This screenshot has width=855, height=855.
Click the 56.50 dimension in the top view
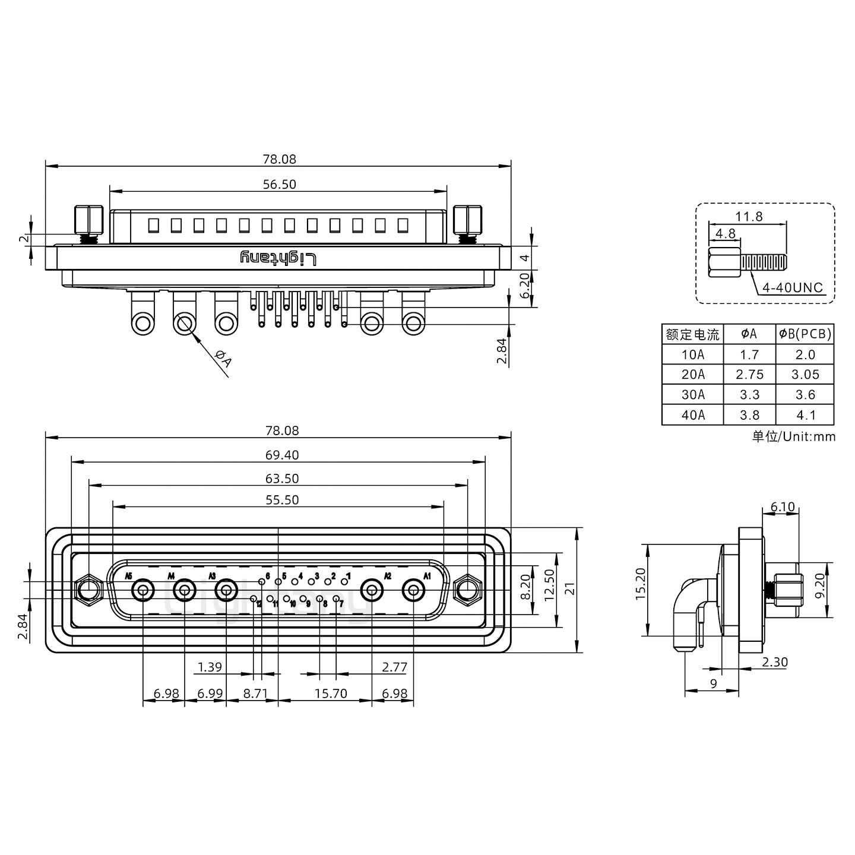click(x=279, y=185)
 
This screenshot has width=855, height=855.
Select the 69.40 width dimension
click(x=282, y=455)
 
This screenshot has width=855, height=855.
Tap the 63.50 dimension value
click(x=282, y=479)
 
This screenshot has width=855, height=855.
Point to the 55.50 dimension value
click(x=282, y=501)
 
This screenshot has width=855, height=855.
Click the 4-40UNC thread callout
click(x=793, y=288)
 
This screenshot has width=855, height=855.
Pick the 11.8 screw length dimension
click(x=749, y=217)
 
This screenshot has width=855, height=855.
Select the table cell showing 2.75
click(x=749, y=375)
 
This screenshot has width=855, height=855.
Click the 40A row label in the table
click(x=693, y=415)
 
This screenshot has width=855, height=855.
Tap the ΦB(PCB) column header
click(x=805, y=334)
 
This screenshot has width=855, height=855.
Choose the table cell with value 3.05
click(x=805, y=375)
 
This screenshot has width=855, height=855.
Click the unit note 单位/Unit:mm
click(x=793, y=436)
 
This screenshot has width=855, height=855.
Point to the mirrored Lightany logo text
click(x=278, y=258)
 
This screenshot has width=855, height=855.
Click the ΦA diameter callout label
click(x=223, y=359)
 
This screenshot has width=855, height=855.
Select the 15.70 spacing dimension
click(x=331, y=693)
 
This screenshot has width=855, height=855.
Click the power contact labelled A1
click(x=413, y=591)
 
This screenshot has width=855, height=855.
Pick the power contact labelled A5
click(x=143, y=591)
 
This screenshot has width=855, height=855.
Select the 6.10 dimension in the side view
click(x=782, y=506)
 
